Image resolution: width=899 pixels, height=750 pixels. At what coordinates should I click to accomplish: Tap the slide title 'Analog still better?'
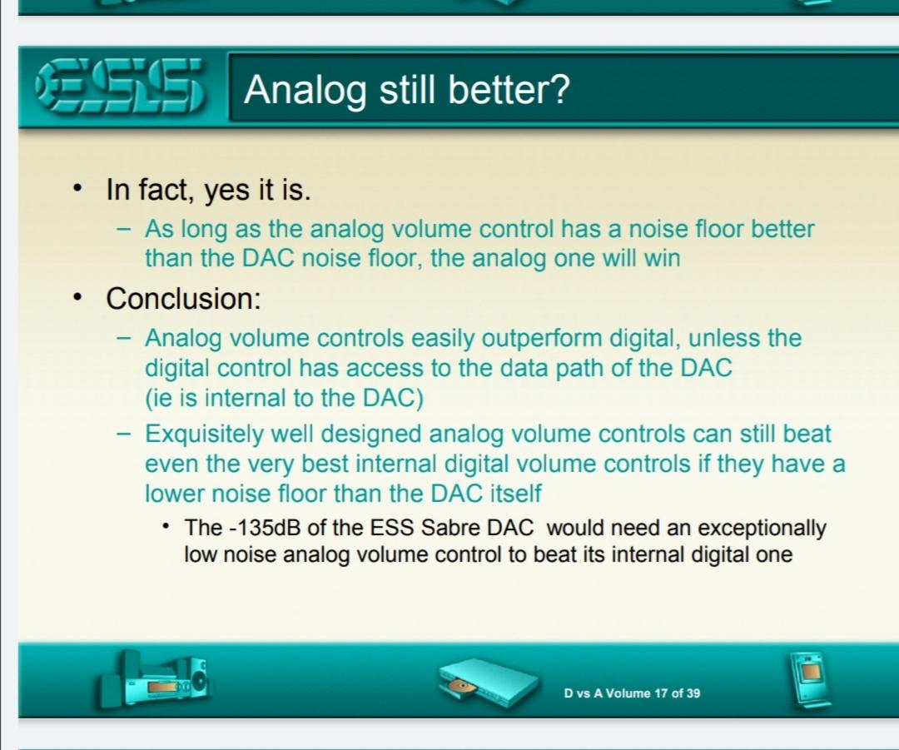click(x=407, y=89)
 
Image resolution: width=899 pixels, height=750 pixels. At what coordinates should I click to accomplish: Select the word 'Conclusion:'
click(x=183, y=299)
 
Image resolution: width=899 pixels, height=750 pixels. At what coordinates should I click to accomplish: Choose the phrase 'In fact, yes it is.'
click(x=209, y=190)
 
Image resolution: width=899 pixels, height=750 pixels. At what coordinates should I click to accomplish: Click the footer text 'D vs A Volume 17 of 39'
click(x=632, y=693)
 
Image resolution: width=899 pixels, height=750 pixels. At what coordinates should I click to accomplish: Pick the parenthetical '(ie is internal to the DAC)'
click(x=284, y=398)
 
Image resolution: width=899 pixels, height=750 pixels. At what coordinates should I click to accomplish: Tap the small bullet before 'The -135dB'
click(x=166, y=526)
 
